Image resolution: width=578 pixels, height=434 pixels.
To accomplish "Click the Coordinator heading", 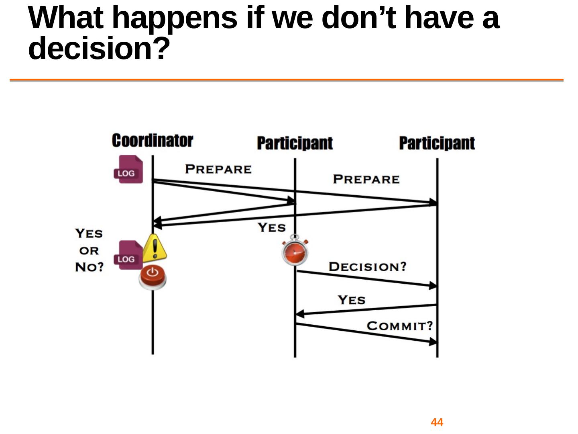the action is click(x=153, y=141).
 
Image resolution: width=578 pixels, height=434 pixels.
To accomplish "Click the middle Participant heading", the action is click(x=295, y=143).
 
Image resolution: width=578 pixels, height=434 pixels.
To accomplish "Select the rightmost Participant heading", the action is click(x=437, y=143).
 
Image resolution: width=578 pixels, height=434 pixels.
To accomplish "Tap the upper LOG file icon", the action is click(x=128, y=169).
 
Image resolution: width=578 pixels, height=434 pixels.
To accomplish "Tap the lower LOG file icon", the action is click(x=128, y=255).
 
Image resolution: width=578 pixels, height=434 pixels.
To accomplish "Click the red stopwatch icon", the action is click(x=295, y=250).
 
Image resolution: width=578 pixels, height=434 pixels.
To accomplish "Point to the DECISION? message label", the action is click(x=368, y=267).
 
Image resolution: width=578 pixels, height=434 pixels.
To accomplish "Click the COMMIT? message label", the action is click(x=400, y=326).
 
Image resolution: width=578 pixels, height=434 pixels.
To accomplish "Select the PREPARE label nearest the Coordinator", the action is click(x=218, y=169).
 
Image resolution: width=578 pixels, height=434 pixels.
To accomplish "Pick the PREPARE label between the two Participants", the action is click(x=366, y=179).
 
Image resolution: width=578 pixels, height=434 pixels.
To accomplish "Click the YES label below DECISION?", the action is click(x=352, y=300).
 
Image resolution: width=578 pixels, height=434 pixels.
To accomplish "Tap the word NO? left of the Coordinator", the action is click(x=89, y=267).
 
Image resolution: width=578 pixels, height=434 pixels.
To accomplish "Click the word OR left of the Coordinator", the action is click(x=89, y=251).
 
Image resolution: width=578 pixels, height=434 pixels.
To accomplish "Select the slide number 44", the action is click(x=437, y=422).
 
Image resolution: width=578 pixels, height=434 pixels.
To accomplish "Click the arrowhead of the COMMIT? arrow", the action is click(x=433, y=342).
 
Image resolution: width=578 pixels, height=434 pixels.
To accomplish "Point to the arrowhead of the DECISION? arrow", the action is click(x=433, y=285).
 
